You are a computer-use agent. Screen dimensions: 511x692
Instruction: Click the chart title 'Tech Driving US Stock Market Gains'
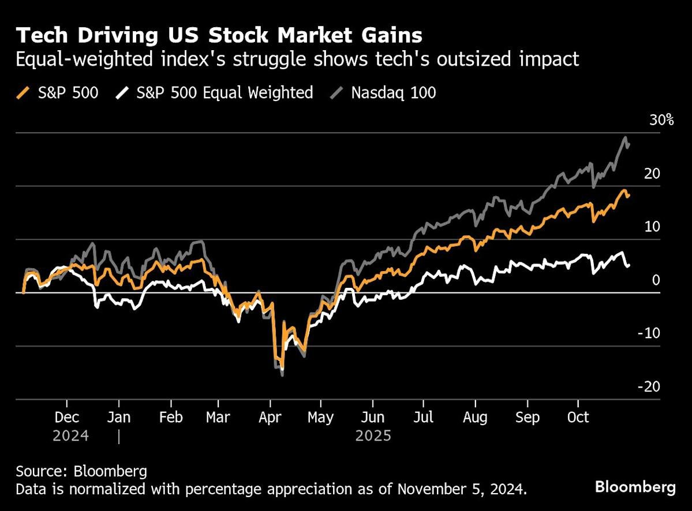(219, 36)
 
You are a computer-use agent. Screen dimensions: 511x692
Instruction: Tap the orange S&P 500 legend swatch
(23, 92)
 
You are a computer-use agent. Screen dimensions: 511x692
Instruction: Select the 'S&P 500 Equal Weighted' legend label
(225, 92)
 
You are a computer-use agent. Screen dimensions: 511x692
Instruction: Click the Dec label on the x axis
(67, 417)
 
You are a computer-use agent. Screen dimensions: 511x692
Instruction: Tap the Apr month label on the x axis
(270, 417)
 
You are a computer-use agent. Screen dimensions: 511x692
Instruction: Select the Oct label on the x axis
(578, 417)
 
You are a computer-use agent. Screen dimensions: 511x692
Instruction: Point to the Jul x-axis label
(424, 417)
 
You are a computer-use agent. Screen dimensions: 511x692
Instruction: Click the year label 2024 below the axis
(70, 435)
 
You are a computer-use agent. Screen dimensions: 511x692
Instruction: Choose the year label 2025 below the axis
(373, 435)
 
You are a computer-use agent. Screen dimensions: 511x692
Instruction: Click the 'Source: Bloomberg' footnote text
(81, 471)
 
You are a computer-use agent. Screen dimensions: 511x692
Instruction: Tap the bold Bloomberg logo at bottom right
(635, 487)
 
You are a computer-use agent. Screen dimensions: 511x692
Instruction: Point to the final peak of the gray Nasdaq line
(625, 138)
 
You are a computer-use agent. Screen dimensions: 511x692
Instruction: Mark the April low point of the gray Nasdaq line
(282, 375)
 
